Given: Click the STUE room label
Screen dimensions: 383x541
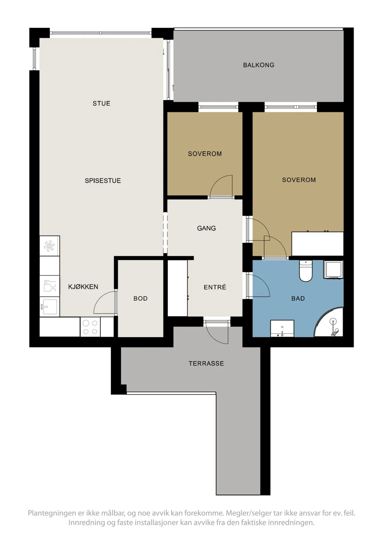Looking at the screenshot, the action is pyautogui.click(x=101, y=103).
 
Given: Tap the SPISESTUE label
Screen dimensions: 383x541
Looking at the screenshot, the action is pyautogui.click(x=103, y=181).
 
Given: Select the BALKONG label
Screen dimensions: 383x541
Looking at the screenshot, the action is pyautogui.click(x=259, y=65).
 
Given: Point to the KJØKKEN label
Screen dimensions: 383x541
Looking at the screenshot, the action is pyautogui.click(x=83, y=287).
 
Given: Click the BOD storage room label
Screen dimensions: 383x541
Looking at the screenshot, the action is pyautogui.click(x=141, y=298).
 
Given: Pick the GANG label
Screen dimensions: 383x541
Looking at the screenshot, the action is pyautogui.click(x=206, y=228).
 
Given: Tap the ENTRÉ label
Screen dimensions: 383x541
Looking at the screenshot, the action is pyautogui.click(x=215, y=287).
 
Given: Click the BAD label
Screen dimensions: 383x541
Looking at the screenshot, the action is pyautogui.click(x=298, y=298).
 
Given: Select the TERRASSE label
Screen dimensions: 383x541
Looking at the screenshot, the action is pyautogui.click(x=206, y=363).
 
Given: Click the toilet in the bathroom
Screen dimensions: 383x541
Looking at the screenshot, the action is pyautogui.click(x=306, y=270).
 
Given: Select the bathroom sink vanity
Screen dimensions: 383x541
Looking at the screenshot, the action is pyautogui.click(x=282, y=329).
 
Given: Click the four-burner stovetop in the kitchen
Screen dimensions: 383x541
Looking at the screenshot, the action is pyautogui.click(x=90, y=327).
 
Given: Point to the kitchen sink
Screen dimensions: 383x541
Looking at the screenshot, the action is pyautogui.click(x=50, y=306).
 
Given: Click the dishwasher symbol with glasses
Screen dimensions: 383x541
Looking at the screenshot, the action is pyautogui.click(x=50, y=286).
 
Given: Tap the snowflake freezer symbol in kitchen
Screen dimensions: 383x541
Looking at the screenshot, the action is pyautogui.click(x=49, y=246).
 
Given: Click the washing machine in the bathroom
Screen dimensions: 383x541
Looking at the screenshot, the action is pyautogui.click(x=333, y=269).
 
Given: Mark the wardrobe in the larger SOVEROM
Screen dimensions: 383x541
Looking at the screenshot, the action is pyautogui.click(x=317, y=244).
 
